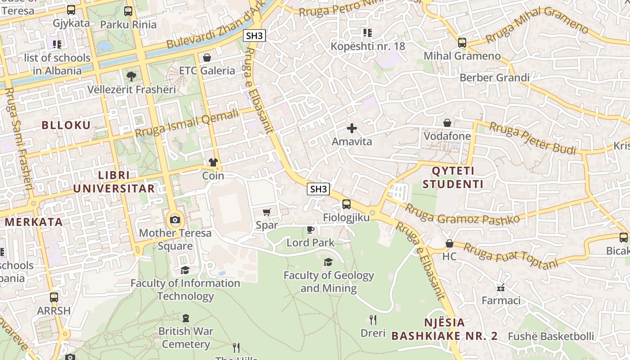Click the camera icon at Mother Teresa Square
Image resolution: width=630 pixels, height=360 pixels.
pos(175,220)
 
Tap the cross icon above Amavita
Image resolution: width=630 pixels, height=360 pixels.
pos(352,128)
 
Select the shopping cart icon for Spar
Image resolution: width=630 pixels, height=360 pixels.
pos(267,212)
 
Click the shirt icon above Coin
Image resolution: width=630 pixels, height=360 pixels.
pos(213,162)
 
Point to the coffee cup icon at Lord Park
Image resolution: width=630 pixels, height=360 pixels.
pos(310,229)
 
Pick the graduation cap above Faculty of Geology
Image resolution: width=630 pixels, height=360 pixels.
pos(328,262)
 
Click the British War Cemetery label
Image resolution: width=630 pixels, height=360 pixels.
pos(186,337)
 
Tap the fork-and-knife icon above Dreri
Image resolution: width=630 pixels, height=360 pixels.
pos(373,320)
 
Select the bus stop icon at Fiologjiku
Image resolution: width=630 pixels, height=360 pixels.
pos(346,204)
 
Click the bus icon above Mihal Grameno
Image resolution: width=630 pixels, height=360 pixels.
pos(462,43)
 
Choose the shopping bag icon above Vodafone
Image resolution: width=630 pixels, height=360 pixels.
pos(447,123)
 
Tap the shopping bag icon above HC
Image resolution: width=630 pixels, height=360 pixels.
pos(449,243)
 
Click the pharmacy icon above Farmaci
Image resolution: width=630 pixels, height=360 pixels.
pos(501,287)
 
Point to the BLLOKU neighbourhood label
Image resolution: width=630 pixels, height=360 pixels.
pos(66,125)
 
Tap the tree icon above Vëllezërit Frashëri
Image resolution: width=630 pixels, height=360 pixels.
pos(131,76)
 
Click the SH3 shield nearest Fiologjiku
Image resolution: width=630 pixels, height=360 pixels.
pos(319,189)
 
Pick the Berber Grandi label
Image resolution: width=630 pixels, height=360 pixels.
pos(495,78)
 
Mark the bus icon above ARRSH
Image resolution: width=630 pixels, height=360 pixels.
pos(54,297)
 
